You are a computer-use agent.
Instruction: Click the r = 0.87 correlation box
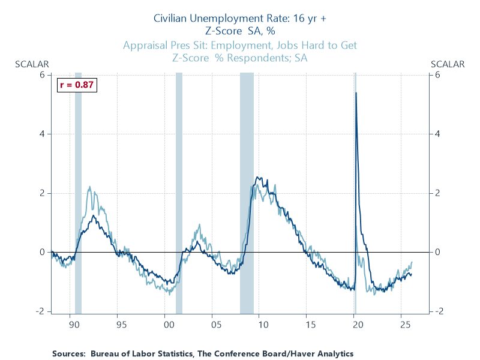pyautogui.click(x=76, y=85)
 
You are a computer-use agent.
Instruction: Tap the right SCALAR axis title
pyautogui.click(x=448, y=64)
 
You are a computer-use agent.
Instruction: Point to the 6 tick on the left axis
pyautogui.click(x=43, y=74)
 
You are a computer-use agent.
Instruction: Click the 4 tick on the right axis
pyautogui.click(x=438, y=134)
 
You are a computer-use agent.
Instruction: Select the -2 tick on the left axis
pyautogui.click(x=41, y=311)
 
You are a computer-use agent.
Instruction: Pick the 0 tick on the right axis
pyautogui.click(x=438, y=252)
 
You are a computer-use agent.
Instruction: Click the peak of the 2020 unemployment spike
pyautogui.click(x=356, y=93)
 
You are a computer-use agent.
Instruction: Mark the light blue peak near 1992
pyautogui.click(x=89, y=187)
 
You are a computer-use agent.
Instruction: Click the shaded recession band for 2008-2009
pyautogui.click(x=247, y=192)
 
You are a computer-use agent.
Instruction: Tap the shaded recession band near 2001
pyautogui.click(x=179, y=192)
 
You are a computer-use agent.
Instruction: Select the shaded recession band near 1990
pyautogui.click(x=78, y=192)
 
